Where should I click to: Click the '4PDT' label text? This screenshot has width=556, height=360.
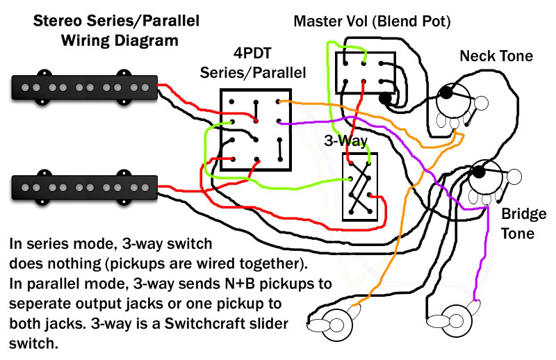252,54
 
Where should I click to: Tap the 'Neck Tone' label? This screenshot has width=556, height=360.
496,56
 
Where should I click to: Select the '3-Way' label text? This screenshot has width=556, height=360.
345,141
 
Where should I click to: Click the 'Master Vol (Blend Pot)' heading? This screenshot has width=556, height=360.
372,22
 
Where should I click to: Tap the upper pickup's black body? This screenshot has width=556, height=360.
84,88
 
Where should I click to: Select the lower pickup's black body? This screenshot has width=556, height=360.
84,187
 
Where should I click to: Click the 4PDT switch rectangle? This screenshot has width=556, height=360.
256,130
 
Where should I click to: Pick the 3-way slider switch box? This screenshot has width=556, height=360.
360,187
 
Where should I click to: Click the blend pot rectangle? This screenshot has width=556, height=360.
366,73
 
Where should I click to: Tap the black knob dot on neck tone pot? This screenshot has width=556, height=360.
446,93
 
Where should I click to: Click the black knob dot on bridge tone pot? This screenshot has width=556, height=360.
479,172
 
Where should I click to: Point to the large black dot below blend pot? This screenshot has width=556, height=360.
386,97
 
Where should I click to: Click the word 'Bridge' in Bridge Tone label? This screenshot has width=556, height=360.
524,214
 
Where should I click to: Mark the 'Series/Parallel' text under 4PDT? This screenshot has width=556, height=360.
253,73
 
